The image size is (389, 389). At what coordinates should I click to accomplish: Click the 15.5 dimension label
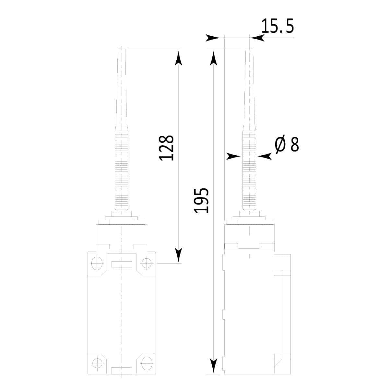(277, 26)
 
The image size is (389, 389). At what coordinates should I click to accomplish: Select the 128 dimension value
(166, 148)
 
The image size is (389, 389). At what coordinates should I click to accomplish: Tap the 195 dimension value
(201, 200)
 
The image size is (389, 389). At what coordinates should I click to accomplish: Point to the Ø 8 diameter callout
(287, 144)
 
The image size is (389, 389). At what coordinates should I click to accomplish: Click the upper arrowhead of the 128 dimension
(178, 58)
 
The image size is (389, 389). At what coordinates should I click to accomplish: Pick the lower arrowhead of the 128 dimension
(178, 255)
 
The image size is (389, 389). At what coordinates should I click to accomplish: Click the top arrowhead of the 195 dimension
(214, 58)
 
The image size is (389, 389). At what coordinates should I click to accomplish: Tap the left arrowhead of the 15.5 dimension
(213, 38)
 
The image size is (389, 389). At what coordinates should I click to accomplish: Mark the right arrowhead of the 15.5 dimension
(257, 38)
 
